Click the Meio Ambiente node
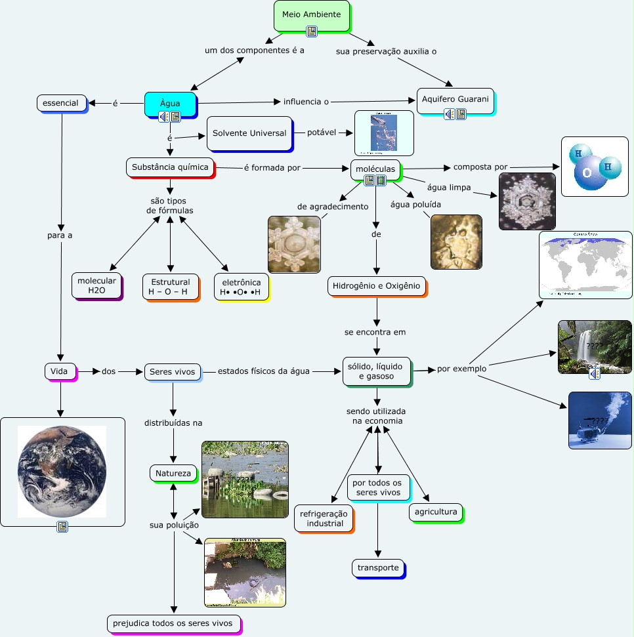tap(311, 15)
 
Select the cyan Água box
tap(170, 102)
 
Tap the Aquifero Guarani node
tap(455, 99)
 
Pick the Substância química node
tap(170, 167)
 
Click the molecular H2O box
tap(96, 285)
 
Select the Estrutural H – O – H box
tap(170, 287)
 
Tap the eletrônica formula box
tap(241, 287)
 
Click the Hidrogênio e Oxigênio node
tap(377, 286)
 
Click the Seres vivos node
tap(172, 372)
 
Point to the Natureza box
tap(173, 473)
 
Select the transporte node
tap(378, 567)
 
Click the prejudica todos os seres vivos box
tap(174, 623)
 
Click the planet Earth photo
tap(62, 472)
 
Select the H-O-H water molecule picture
tap(594, 166)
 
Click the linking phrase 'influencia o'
tap(306, 102)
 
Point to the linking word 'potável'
tap(322, 133)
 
